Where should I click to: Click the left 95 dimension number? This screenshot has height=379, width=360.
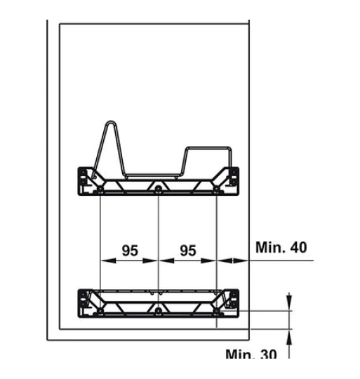(129, 249)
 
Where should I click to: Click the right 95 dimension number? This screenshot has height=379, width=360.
(187, 249)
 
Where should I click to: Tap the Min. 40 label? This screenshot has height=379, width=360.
(281, 247)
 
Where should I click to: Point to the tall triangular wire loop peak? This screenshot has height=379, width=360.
(107, 124)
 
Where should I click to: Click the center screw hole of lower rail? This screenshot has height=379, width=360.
(159, 310)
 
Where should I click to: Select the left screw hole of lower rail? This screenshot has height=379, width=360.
(102, 310)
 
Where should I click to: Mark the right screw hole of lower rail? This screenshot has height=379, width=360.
(216, 310)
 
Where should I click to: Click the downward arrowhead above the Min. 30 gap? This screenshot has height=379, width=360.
(288, 305)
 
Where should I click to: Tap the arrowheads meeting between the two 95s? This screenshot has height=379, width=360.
(159, 260)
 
